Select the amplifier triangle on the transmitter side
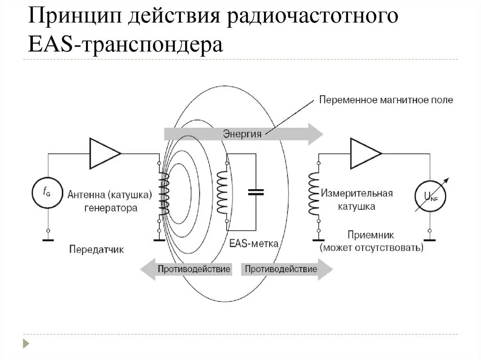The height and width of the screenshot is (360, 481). pyautogui.click(x=104, y=153)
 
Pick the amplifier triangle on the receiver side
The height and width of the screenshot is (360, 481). pyautogui.click(x=365, y=153)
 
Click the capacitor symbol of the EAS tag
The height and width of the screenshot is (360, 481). pyautogui.click(x=256, y=191)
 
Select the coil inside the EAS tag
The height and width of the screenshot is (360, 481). pyautogui.click(x=222, y=191)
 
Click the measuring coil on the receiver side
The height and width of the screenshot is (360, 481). pyautogui.click(x=313, y=193)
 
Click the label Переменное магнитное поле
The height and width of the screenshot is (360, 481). pyautogui.click(x=386, y=100)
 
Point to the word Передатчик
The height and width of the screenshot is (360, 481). pyautogui.click(x=96, y=249)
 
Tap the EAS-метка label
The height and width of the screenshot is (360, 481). pyautogui.click(x=254, y=244)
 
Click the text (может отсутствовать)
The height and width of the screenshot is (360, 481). pyautogui.click(x=371, y=247)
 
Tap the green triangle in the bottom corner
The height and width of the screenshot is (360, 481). pyautogui.click(x=26, y=344)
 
